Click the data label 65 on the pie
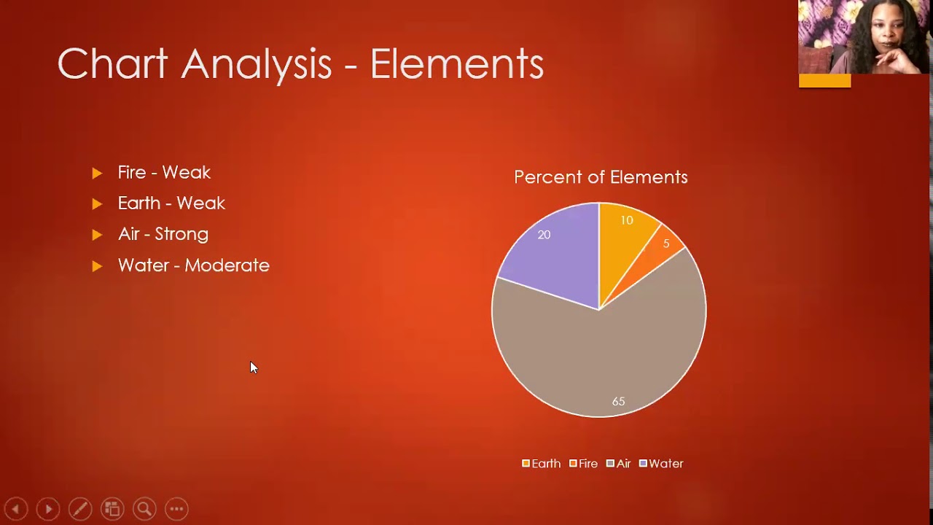coord(619,401)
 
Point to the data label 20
coord(544,235)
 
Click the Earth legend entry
coord(542,463)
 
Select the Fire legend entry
coord(584,463)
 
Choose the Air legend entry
coord(619,463)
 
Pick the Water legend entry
coord(661,463)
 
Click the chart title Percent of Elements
coord(601,177)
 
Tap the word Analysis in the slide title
coord(256,65)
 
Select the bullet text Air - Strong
coord(163,234)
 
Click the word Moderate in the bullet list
coord(227,265)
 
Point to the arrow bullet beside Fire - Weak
coord(97,173)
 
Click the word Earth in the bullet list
coord(139,203)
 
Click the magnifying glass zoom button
coord(144,509)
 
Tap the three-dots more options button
coord(176,509)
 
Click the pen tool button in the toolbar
coord(80,509)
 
